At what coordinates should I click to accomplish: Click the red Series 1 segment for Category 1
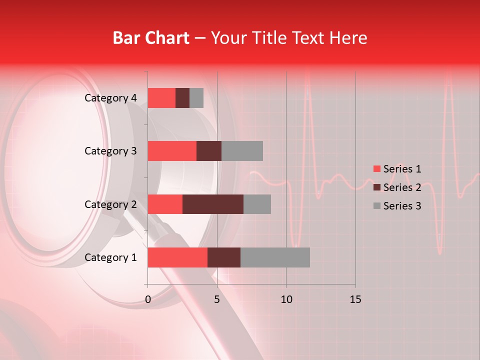point(177,257)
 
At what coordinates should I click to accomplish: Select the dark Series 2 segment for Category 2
point(213,204)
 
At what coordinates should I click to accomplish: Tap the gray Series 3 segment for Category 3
point(242,151)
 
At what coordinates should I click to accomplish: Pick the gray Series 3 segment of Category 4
point(196,98)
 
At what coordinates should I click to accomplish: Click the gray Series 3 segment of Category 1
point(275,257)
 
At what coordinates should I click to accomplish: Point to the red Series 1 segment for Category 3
point(172,151)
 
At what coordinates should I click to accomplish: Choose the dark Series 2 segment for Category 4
point(182,98)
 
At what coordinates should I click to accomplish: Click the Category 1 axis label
point(110,257)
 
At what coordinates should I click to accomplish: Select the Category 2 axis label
point(110,204)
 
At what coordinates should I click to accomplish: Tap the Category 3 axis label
point(110,151)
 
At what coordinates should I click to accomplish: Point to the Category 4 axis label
point(110,98)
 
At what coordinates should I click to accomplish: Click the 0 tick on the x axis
point(148,299)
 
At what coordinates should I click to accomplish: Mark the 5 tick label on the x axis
point(217,299)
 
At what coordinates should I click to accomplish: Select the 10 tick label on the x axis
point(286,299)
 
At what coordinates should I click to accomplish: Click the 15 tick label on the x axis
point(355,299)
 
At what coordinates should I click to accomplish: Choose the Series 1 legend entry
point(397,169)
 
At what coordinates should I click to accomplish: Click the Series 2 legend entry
point(397,187)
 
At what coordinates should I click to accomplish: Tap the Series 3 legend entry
point(397,206)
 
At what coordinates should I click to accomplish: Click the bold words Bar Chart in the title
point(151,38)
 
